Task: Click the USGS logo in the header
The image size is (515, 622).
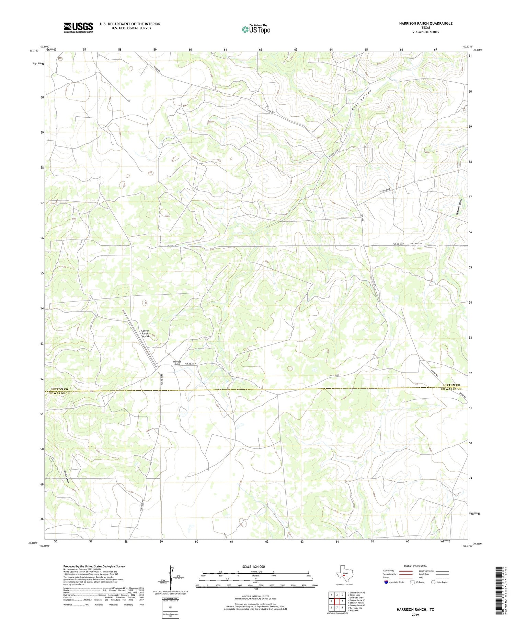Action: [x=78, y=27]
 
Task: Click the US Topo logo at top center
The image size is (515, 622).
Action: [x=256, y=29]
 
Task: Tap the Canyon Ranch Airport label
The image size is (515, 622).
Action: [x=145, y=333]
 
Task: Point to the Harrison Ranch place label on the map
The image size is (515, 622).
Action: [x=177, y=363]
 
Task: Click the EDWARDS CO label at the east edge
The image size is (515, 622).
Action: [x=451, y=389]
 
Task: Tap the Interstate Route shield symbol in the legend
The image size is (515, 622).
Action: [x=386, y=582]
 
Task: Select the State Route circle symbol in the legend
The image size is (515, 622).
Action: [x=433, y=582]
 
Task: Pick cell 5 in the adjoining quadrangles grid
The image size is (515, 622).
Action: [x=343, y=601]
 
